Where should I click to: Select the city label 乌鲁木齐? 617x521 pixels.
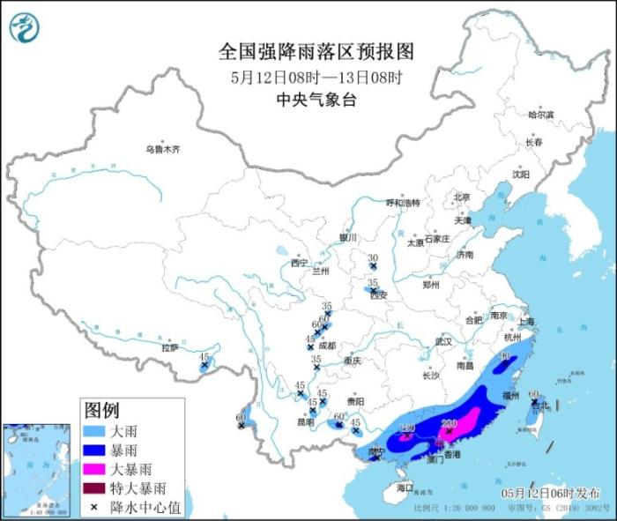(x=163, y=150)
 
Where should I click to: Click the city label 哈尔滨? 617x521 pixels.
(x=540, y=115)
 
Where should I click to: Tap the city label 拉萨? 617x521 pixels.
(x=169, y=347)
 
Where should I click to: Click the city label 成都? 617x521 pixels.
(x=327, y=346)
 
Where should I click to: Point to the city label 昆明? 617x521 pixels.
(x=305, y=421)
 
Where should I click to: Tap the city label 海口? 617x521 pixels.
(x=405, y=487)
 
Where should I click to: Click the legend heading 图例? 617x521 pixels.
(x=101, y=410)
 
